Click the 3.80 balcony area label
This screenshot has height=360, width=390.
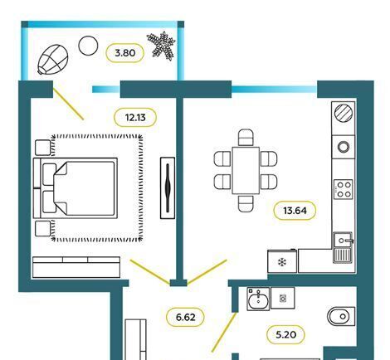125,53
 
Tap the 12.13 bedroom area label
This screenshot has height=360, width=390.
135,118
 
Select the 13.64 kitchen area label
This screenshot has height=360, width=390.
295,211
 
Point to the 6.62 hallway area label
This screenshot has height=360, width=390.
185,317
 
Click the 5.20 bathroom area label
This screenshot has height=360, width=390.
285,334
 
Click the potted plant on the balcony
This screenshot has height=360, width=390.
161,46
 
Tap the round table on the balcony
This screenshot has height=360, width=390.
88,46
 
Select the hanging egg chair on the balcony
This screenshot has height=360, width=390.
53,60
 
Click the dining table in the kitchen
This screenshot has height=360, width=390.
246,170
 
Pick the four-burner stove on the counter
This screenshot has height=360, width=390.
344,189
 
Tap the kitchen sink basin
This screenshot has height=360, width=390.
343,240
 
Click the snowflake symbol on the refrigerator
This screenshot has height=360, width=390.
282,262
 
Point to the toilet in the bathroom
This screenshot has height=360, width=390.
341,316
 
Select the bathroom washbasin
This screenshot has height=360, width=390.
258,299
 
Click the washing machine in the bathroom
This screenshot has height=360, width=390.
283,298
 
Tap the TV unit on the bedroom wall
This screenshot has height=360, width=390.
168,188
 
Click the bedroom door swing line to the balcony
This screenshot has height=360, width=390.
68,104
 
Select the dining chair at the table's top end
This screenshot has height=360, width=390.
246,137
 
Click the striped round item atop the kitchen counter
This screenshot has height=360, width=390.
344,113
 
